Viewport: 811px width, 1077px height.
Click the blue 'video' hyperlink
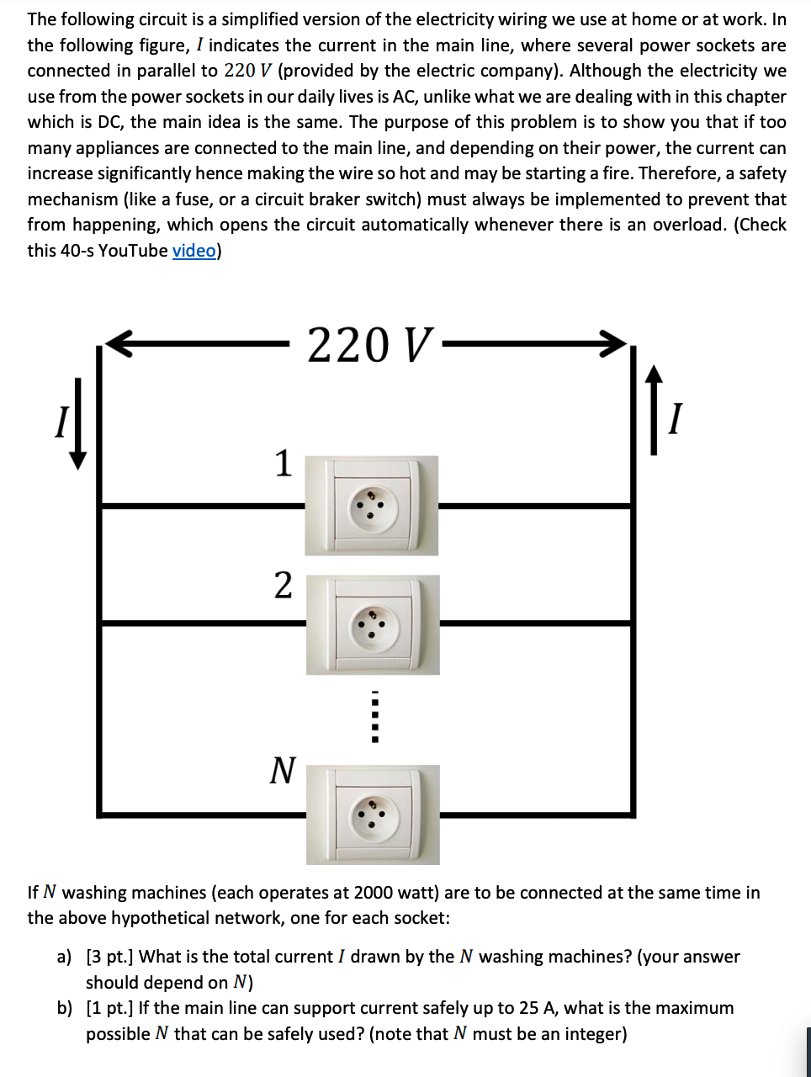[x=193, y=251]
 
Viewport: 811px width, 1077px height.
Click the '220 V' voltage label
[x=370, y=345]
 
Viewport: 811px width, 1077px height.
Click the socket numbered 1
[x=371, y=506]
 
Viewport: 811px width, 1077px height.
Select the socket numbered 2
[x=372, y=624]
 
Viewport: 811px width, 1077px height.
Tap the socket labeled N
[x=372, y=814]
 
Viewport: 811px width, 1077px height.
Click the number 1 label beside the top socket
[x=284, y=464]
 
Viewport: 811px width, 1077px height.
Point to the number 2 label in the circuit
[x=284, y=585]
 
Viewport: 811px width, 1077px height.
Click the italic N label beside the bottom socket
[x=284, y=770]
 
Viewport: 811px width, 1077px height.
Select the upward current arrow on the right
[x=654, y=410]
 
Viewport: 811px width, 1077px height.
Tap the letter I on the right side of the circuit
[x=674, y=418]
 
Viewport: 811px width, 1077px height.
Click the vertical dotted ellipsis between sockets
[x=375, y=717]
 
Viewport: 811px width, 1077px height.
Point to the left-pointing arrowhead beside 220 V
[x=118, y=343]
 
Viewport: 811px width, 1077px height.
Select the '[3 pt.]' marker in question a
[x=110, y=957]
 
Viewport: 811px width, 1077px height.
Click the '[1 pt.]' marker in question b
[x=110, y=1008]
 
